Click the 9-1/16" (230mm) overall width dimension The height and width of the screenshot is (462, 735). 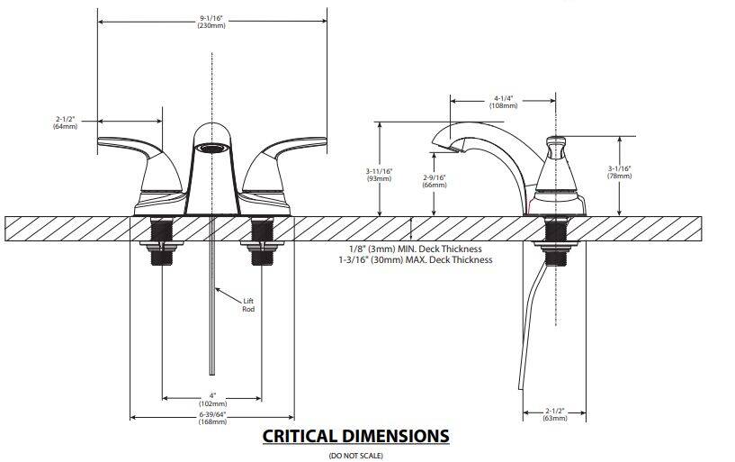click(x=211, y=21)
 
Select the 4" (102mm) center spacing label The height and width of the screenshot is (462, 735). click(x=211, y=399)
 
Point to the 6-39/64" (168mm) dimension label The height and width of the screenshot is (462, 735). click(x=211, y=416)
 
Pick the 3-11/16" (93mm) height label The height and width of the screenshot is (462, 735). click(x=380, y=175)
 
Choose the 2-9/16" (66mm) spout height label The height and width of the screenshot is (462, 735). click(x=435, y=181)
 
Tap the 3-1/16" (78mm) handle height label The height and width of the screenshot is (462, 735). click(x=620, y=172)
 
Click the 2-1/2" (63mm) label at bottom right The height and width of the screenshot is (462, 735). click(x=555, y=414)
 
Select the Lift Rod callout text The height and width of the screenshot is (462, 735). click(x=248, y=304)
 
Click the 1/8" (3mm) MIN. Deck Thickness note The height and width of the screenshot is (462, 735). click(x=415, y=249)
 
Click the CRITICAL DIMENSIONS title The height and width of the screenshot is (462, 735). click(x=355, y=436)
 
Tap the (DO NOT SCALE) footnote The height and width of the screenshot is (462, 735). click(x=355, y=456)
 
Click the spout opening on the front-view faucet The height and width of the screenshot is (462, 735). click(x=211, y=145)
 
